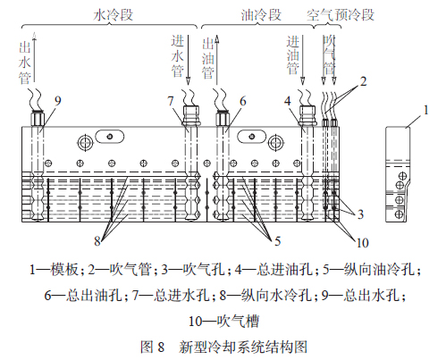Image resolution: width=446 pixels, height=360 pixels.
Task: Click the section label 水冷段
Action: [114, 15]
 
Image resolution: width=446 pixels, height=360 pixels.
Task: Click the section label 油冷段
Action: [261, 15]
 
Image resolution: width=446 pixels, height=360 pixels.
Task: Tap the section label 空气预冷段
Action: [341, 15]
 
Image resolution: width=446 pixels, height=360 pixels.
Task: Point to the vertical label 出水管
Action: [25, 63]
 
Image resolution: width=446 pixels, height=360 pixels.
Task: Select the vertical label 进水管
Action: [178, 56]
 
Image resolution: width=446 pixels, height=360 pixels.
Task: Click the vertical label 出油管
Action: [208, 58]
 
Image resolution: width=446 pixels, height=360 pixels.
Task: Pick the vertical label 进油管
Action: [293, 54]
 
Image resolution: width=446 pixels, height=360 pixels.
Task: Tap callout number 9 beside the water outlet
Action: [58, 101]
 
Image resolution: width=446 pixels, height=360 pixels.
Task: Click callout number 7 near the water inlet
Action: [171, 101]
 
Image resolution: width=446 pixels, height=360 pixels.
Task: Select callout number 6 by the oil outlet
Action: [243, 102]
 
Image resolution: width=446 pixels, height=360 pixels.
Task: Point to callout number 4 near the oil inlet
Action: [288, 101]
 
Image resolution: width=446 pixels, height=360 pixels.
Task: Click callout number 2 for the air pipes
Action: [364, 81]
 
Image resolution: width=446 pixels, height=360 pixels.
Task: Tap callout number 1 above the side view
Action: [426, 110]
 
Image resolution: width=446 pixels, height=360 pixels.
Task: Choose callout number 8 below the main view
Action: [97, 241]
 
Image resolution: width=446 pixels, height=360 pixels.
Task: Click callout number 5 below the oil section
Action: [278, 241]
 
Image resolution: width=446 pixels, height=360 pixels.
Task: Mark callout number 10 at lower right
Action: [362, 243]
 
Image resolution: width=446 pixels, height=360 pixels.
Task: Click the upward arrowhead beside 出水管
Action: [35, 36]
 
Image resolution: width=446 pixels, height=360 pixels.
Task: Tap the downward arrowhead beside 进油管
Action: [303, 81]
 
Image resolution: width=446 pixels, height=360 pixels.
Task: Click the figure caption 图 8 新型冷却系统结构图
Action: [223, 347]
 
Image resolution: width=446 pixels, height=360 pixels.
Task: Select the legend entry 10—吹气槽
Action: [223, 322]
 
